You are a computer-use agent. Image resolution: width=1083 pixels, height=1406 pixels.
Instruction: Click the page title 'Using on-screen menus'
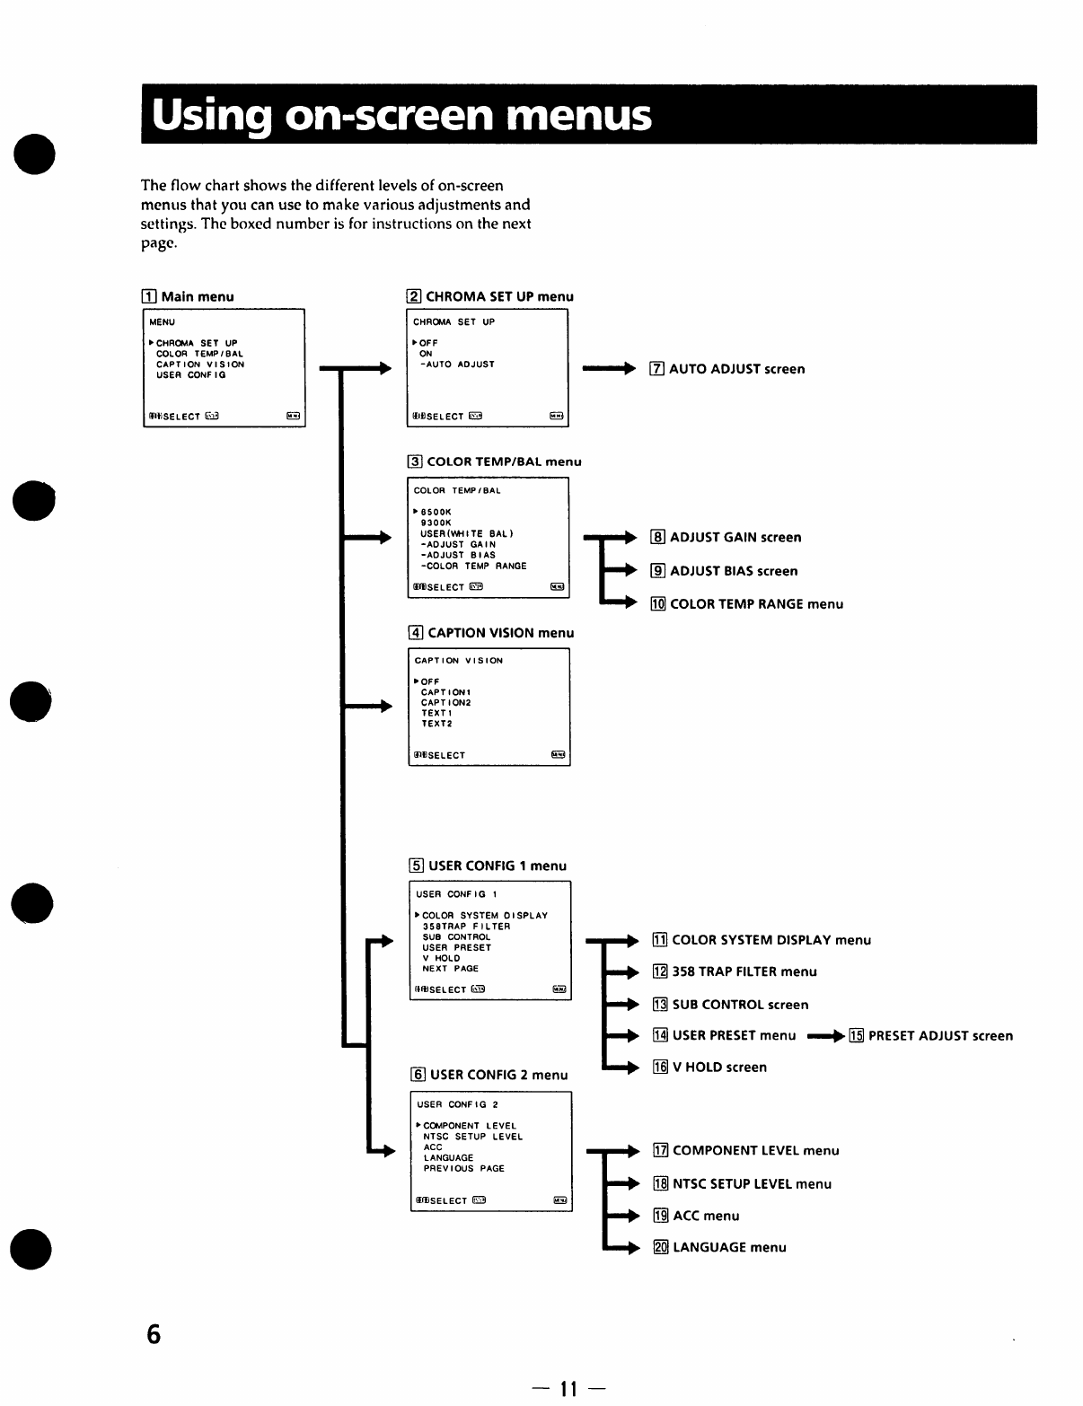point(401,116)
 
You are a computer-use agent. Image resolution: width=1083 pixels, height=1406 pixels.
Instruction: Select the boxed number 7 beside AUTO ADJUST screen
point(656,369)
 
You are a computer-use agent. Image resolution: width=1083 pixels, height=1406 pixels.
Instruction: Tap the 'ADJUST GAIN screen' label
point(735,538)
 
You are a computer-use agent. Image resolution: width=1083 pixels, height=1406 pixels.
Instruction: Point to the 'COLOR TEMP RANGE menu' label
point(756,604)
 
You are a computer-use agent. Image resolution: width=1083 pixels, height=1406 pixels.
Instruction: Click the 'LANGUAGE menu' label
point(729,1247)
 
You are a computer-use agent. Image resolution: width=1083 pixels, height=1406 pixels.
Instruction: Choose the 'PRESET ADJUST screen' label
point(940,1036)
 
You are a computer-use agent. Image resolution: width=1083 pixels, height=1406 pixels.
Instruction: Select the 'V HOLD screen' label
point(719,1068)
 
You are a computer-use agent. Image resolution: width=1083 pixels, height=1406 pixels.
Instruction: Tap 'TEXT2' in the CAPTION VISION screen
point(437,724)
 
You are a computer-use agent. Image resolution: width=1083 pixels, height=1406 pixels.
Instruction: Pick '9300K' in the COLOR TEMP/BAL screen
point(436,523)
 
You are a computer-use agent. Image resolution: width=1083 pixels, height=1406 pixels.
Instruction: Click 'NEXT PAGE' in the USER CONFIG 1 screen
point(450,969)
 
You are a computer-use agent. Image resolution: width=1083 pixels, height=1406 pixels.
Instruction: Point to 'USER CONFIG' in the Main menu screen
point(191,375)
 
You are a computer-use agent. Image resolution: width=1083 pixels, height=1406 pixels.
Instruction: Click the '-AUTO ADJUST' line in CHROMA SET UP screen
point(457,365)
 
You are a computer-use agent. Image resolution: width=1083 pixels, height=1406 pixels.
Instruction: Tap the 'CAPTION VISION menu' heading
point(500,633)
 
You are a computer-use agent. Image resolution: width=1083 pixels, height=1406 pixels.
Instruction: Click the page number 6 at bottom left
point(154,1334)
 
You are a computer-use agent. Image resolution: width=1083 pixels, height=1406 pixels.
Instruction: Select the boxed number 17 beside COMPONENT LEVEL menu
point(661,1151)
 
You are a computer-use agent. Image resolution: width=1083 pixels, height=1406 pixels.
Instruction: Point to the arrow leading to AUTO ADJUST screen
point(609,368)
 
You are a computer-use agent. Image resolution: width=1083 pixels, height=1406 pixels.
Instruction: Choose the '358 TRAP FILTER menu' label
point(744,971)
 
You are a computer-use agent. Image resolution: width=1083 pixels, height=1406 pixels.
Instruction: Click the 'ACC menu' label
point(706,1216)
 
